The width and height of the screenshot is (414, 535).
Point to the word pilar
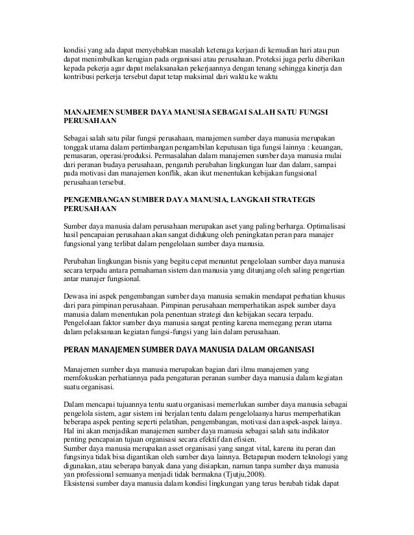tap(124, 139)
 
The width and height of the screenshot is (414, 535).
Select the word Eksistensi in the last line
tap(79, 484)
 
